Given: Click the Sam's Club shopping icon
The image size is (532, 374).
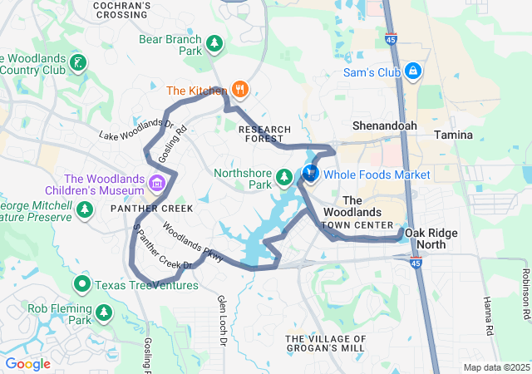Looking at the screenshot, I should [x=412, y=72].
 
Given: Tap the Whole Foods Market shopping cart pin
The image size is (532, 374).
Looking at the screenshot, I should [x=310, y=174].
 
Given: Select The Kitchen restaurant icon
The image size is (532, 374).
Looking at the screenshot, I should [x=240, y=90].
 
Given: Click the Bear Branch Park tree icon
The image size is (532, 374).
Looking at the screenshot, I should [x=214, y=42].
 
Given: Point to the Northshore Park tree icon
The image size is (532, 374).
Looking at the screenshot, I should [x=284, y=178].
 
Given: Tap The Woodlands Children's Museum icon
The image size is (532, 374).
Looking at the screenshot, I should [x=156, y=182].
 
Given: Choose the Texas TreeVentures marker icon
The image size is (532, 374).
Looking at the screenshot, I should [x=82, y=285].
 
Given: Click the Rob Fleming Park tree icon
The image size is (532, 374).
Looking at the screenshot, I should [x=104, y=312].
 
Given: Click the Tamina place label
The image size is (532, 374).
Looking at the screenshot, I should [x=453, y=135].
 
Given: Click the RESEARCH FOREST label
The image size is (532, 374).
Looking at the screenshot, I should [x=264, y=134].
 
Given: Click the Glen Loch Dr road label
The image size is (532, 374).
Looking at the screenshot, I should [x=222, y=312].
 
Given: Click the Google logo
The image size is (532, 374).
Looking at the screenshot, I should [x=28, y=363].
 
